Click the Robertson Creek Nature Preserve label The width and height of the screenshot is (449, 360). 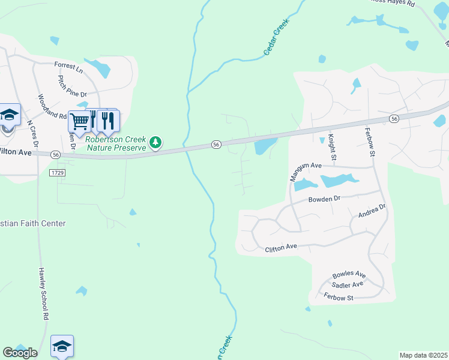click(x=115, y=142)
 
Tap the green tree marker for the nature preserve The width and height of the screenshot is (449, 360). click(x=156, y=142)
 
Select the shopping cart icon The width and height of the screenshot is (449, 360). click(x=79, y=121)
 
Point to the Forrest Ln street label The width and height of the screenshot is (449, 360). click(x=68, y=67)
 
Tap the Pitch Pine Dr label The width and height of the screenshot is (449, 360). click(x=72, y=86)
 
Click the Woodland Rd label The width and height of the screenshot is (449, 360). click(x=52, y=106)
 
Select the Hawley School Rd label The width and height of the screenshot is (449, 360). click(x=43, y=293)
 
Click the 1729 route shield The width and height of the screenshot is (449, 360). click(x=58, y=172)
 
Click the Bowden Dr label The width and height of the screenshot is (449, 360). click(x=324, y=199)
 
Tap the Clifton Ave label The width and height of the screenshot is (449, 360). click(x=282, y=247)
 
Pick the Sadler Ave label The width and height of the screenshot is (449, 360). click(x=348, y=285)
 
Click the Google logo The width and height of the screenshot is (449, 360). click(x=20, y=353)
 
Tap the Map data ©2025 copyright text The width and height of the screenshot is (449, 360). click(x=424, y=355)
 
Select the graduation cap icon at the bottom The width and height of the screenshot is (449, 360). click(x=62, y=346)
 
